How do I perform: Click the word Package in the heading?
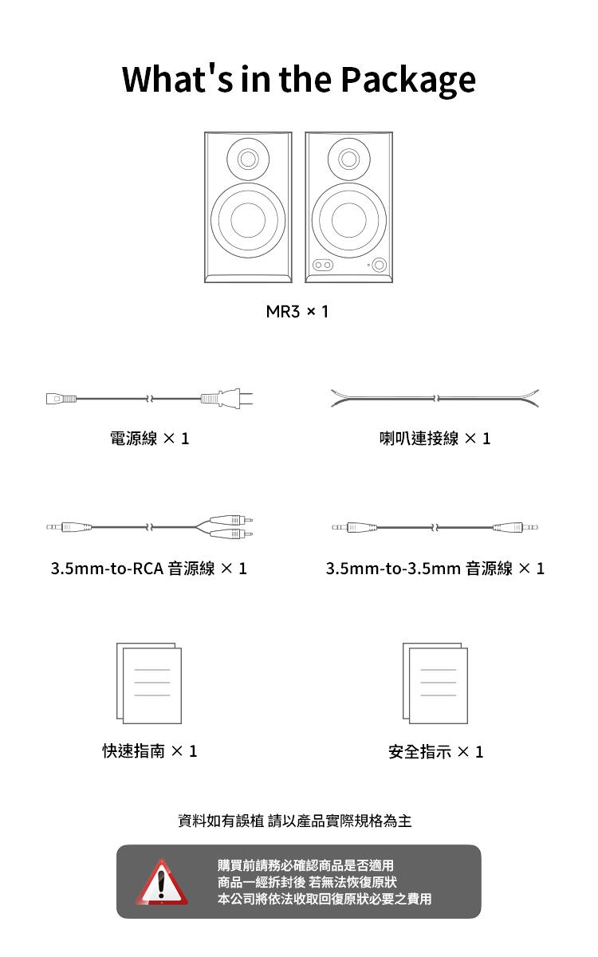pyautogui.click(x=408, y=81)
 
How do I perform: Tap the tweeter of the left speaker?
pyautogui.click(x=248, y=159)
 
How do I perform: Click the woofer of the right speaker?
pyautogui.click(x=349, y=220)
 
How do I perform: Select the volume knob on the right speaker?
pyautogui.click(x=380, y=265)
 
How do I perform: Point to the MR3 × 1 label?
pyautogui.click(x=297, y=312)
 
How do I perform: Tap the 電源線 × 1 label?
pyautogui.click(x=149, y=439)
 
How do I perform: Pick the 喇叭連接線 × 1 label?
pyautogui.click(x=435, y=439)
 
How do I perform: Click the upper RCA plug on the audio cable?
pyautogui.click(x=231, y=520)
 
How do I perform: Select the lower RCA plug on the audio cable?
pyautogui.click(x=231, y=534)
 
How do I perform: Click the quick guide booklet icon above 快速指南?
pyautogui.click(x=149, y=683)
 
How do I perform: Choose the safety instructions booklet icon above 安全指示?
pyautogui.click(x=435, y=683)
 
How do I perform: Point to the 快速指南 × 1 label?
pyautogui.click(x=150, y=751)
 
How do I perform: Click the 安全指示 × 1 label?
pyautogui.click(x=435, y=752)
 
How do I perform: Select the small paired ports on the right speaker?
pyautogui.click(x=323, y=266)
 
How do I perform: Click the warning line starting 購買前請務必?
pyautogui.click(x=306, y=865)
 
